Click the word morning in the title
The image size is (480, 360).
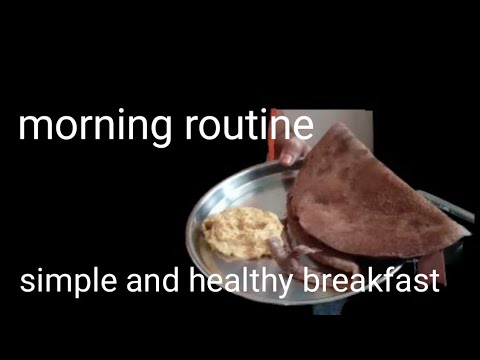(95, 127)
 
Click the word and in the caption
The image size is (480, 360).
(153, 278)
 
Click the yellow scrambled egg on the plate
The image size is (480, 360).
(243, 232)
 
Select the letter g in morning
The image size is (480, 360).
(159, 131)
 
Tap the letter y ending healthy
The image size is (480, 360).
(282, 284)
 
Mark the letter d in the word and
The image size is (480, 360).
(170, 278)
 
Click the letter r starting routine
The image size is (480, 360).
(193, 127)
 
